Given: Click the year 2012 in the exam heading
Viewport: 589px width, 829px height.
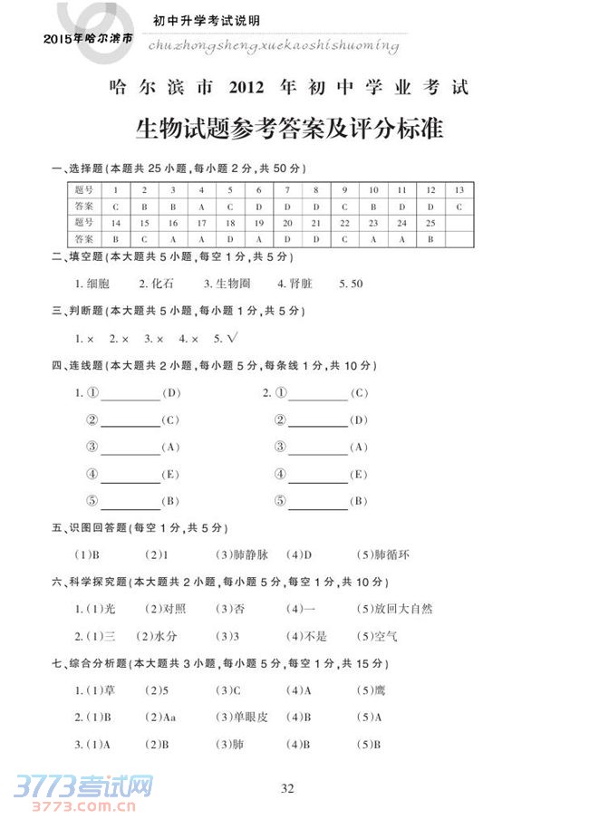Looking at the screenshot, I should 246,88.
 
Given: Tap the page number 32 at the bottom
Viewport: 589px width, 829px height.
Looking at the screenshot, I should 287,788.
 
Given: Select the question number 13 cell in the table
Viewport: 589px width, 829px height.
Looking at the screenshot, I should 459,190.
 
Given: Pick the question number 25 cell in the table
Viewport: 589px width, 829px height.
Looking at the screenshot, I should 430,222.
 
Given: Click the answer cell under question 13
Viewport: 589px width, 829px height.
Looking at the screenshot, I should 459,207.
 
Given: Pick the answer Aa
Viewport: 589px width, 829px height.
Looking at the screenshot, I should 169,718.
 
